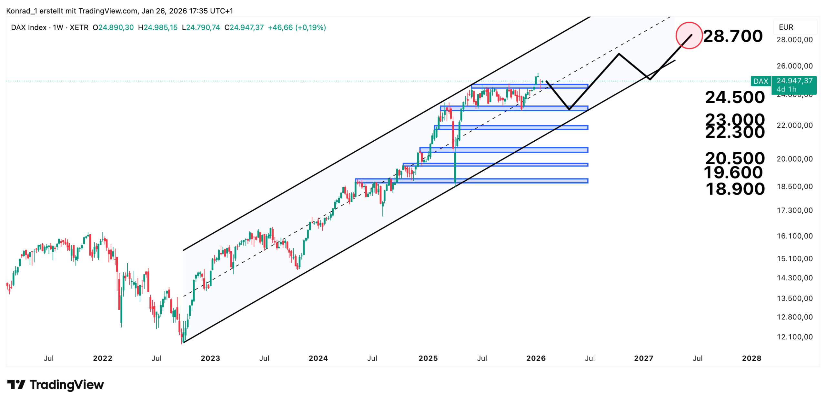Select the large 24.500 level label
pyautogui.click(x=735, y=97)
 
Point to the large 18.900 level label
pyautogui.click(x=735, y=189)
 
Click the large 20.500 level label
pyautogui.click(x=735, y=158)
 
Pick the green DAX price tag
pyautogui.click(x=761, y=81)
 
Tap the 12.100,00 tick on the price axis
pyautogui.click(x=794, y=337)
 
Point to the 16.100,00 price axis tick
pyautogui.click(x=794, y=236)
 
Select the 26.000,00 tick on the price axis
pyautogui.click(x=794, y=66)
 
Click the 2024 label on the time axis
pyautogui.click(x=318, y=358)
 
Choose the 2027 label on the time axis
pyautogui.click(x=643, y=358)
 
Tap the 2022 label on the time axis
pyautogui.click(x=103, y=358)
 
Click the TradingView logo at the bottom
pyautogui.click(x=55, y=385)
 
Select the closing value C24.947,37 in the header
pyautogui.click(x=244, y=27)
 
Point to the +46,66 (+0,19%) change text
pyautogui.click(x=297, y=27)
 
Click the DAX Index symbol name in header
pyautogui.click(x=29, y=27)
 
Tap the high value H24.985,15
pyautogui.click(x=158, y=27)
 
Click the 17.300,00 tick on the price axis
pyautogui.click(x=794, y=210)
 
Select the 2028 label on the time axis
pyautogui.click(x=751, y=358)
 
